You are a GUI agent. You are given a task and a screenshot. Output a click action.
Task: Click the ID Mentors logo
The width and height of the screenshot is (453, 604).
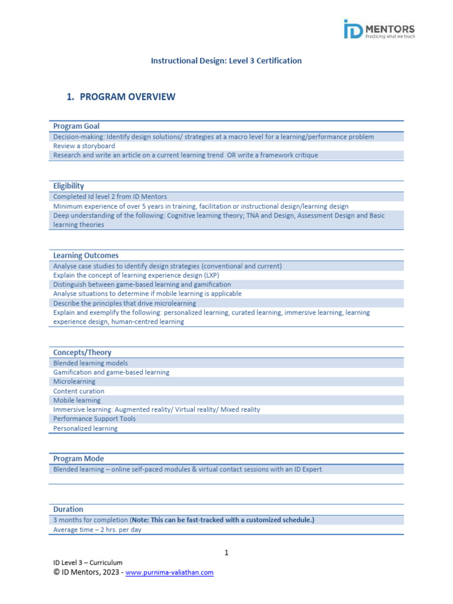point(379,29)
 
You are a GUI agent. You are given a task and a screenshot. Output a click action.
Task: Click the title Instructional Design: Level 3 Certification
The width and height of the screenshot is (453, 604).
point(226,61)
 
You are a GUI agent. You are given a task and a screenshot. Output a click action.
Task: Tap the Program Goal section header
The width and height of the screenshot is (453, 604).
point(76,126)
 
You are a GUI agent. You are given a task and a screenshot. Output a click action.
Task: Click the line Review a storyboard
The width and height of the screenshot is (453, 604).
point(84,146)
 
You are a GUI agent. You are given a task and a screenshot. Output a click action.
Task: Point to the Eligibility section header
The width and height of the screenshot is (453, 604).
point(68,186)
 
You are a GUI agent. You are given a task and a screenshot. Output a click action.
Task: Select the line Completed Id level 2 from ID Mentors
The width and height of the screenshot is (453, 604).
point(110,196)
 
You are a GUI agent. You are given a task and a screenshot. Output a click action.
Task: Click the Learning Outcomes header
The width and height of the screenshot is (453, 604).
point(86,255)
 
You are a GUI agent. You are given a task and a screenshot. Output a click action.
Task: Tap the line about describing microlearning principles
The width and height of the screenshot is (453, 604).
point(124,303)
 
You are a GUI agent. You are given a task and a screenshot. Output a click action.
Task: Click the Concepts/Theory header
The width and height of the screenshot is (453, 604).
point(82,352)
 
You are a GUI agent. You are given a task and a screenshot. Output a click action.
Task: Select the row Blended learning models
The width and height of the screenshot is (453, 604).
point(90,363)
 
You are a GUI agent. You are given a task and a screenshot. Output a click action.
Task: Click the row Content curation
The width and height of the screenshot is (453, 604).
point(78,391)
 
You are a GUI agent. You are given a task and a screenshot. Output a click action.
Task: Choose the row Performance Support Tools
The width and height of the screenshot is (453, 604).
point(94,419)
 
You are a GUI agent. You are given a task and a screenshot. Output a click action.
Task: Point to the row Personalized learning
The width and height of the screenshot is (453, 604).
point(85,428)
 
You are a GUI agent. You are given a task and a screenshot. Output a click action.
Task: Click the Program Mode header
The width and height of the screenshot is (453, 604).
point(78,458)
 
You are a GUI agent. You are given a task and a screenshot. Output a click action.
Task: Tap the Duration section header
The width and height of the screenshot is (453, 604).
point(68,509)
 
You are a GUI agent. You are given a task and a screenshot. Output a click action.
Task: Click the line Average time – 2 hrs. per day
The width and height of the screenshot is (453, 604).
point(97,530)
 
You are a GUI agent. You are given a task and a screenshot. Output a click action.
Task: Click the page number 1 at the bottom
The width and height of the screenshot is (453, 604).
point(226,553)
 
